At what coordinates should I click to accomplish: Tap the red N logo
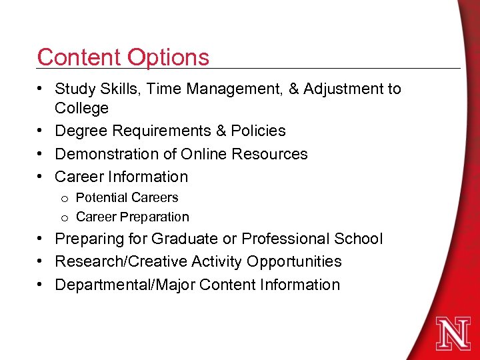click(x=453, y=333)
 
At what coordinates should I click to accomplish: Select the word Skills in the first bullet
click(x=117, y=89)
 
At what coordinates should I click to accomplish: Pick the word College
click(x=81, y=109)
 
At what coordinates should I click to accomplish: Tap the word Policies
click(x=259, y=131)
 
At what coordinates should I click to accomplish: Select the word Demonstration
click(x=107, y=154)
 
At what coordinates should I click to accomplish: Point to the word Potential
click(x=102, y=197)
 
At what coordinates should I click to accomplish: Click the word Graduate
click(x=186, y=239)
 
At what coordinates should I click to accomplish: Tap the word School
click(x=359, y=239)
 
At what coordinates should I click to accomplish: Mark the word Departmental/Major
click(x=125, y=285)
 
